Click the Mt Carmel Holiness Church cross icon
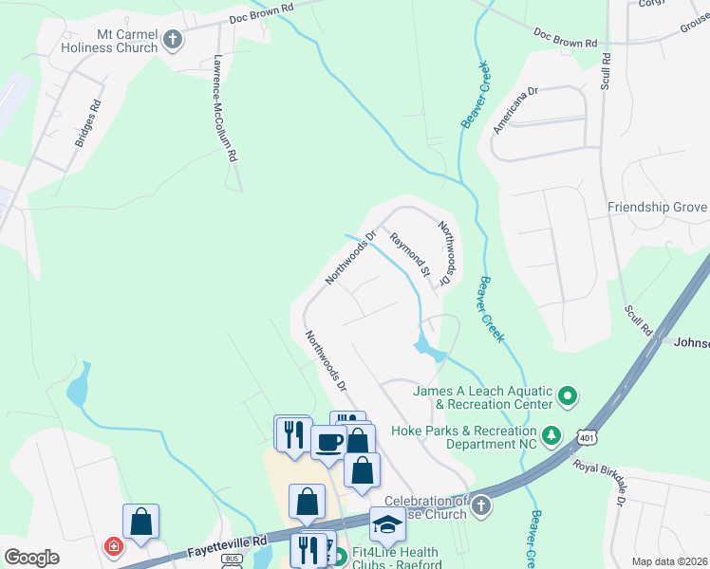tap(172, 39)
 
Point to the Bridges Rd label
tap(86, 130)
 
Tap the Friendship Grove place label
tap(658, 208)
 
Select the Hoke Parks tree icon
tap(552, 435)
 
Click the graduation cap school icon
tap(387, 523)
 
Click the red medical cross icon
tap(113, 546)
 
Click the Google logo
tap(31, 558)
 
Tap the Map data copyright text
tap(669, 561)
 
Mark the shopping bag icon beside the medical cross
tap(140, 521)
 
